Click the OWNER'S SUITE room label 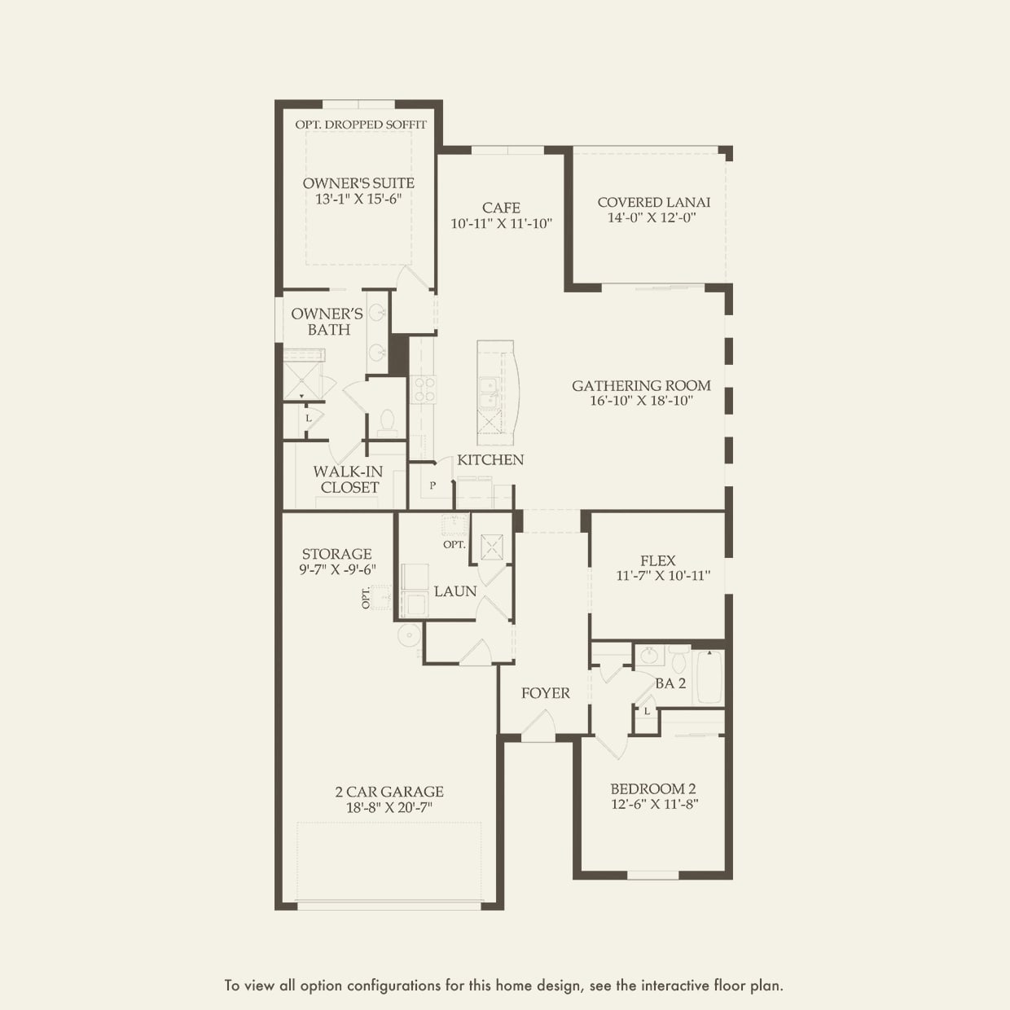(x=358, y=183)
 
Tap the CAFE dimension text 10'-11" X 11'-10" (x=502, y=223)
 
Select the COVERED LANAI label (x=653, y=202)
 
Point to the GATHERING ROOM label (x=641, y=385)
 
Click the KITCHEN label (x=490, y=459)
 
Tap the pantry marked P (x=433, y=485)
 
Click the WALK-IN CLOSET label (x=349, y=480)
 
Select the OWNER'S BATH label (x=327, y=322)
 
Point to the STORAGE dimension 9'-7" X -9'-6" (x=337, y=570)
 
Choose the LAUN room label (x=455, y=591)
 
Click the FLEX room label (x=657, y=560)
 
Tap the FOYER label (x=546, y=693)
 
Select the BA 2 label (x=670, y=683)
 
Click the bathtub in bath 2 (x=709, y=677)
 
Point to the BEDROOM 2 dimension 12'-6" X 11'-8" (x=654, y=805)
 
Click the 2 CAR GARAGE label (x=389, y=792)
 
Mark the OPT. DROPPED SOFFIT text (x=361, y=125)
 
